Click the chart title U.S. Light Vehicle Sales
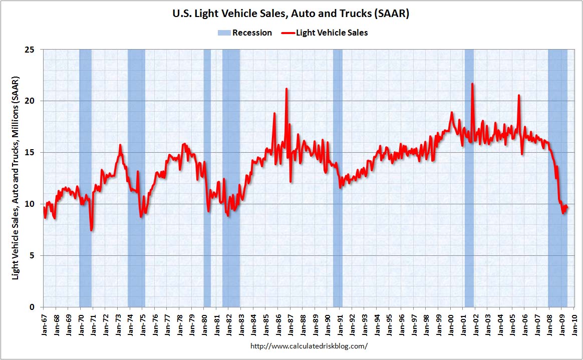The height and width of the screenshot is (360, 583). pyautogui.click(x=291, y=14)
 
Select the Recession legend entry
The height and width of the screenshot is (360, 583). pyautogui.click(x=244, y=33)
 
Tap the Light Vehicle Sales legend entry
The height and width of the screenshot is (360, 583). pyautogui.click(x=325, y=33)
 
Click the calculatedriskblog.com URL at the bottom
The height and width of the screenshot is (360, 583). pyautogui.click(x=309, y=346)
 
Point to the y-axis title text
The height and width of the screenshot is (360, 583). pyautogui.click(x=15, y=178)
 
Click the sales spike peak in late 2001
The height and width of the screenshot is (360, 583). pyautogui.click(x=472, y=84)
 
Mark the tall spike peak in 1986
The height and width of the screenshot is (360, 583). pyautogui.click(x=286, y=89)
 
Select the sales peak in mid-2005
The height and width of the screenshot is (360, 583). pyautogui.click(x=519, y=96)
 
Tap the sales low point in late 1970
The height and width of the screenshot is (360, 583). pyautogui.click(x=91, y=230)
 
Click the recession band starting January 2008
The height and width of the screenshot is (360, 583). pyautogui.click(x=558, y=178)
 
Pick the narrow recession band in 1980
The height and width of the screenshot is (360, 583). pyautogui.click(x=207, y=178)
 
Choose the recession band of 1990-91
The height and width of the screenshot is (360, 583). pyautogui.click(x=338, y=178)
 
